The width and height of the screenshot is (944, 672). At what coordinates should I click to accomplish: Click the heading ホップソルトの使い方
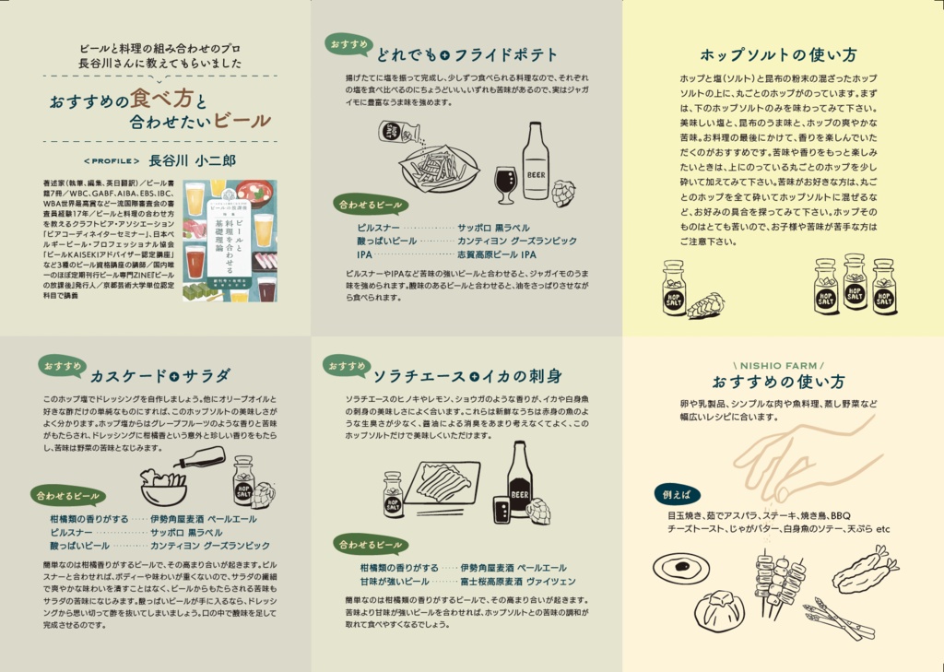tap(778, 54)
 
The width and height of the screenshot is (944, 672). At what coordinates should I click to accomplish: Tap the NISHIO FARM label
tap(778, 365)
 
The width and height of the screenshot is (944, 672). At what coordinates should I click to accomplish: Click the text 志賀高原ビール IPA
tap(497, 253)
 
